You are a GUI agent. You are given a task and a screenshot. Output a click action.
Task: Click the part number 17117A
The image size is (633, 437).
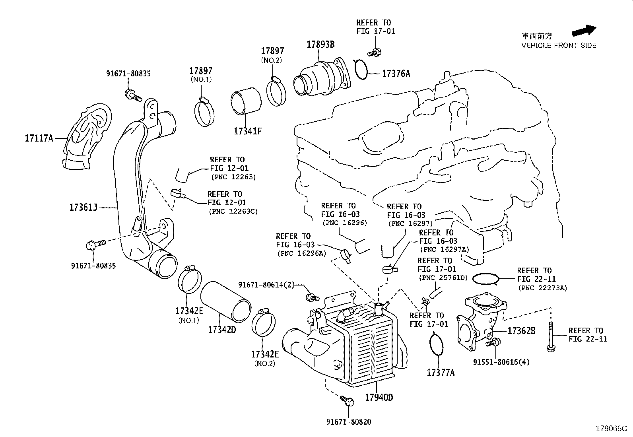pyautogui.click(x=39, y=138)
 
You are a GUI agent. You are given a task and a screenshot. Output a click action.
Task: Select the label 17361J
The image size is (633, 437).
pyautogui.click(x=83, y=208)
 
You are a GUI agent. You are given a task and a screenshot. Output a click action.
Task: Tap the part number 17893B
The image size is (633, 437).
pyautogui.click(x=320, y=45)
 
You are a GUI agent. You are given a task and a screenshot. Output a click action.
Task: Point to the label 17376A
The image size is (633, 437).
pyautogui.click(x=396, y=74)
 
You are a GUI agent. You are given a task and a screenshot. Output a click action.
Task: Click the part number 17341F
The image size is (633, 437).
pyautogui.click(x=248, y=131)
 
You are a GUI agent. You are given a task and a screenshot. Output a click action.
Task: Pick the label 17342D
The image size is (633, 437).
pyautogui.click(x=222, y=330)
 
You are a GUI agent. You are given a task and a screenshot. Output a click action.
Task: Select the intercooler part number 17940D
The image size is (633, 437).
pyautogui.click(x=379, y=397)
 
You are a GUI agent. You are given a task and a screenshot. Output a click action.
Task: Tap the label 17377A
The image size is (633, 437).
pyautogui.click(x=441, y=373)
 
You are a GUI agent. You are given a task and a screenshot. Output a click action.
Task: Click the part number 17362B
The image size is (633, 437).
pyautogui.click(x=521, y=331)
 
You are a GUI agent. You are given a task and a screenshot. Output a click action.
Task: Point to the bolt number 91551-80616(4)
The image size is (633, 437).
pyautogui.click(x=501, y=362)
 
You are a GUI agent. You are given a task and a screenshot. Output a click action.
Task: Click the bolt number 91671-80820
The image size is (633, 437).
pyautogui.click(x=350, y=422)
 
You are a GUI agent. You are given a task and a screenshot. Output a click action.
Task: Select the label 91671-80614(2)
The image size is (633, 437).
pyautogui.click(x=266, y=285)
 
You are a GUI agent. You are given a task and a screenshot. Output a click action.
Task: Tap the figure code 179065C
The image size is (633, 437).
pyautogui.click(x=611, y=429)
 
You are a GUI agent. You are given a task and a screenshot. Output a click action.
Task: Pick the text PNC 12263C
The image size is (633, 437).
pyautogui.click(x=233, y=212)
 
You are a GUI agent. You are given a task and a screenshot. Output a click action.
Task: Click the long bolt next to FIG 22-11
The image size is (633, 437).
pyautogui.click(x=551, y=337)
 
